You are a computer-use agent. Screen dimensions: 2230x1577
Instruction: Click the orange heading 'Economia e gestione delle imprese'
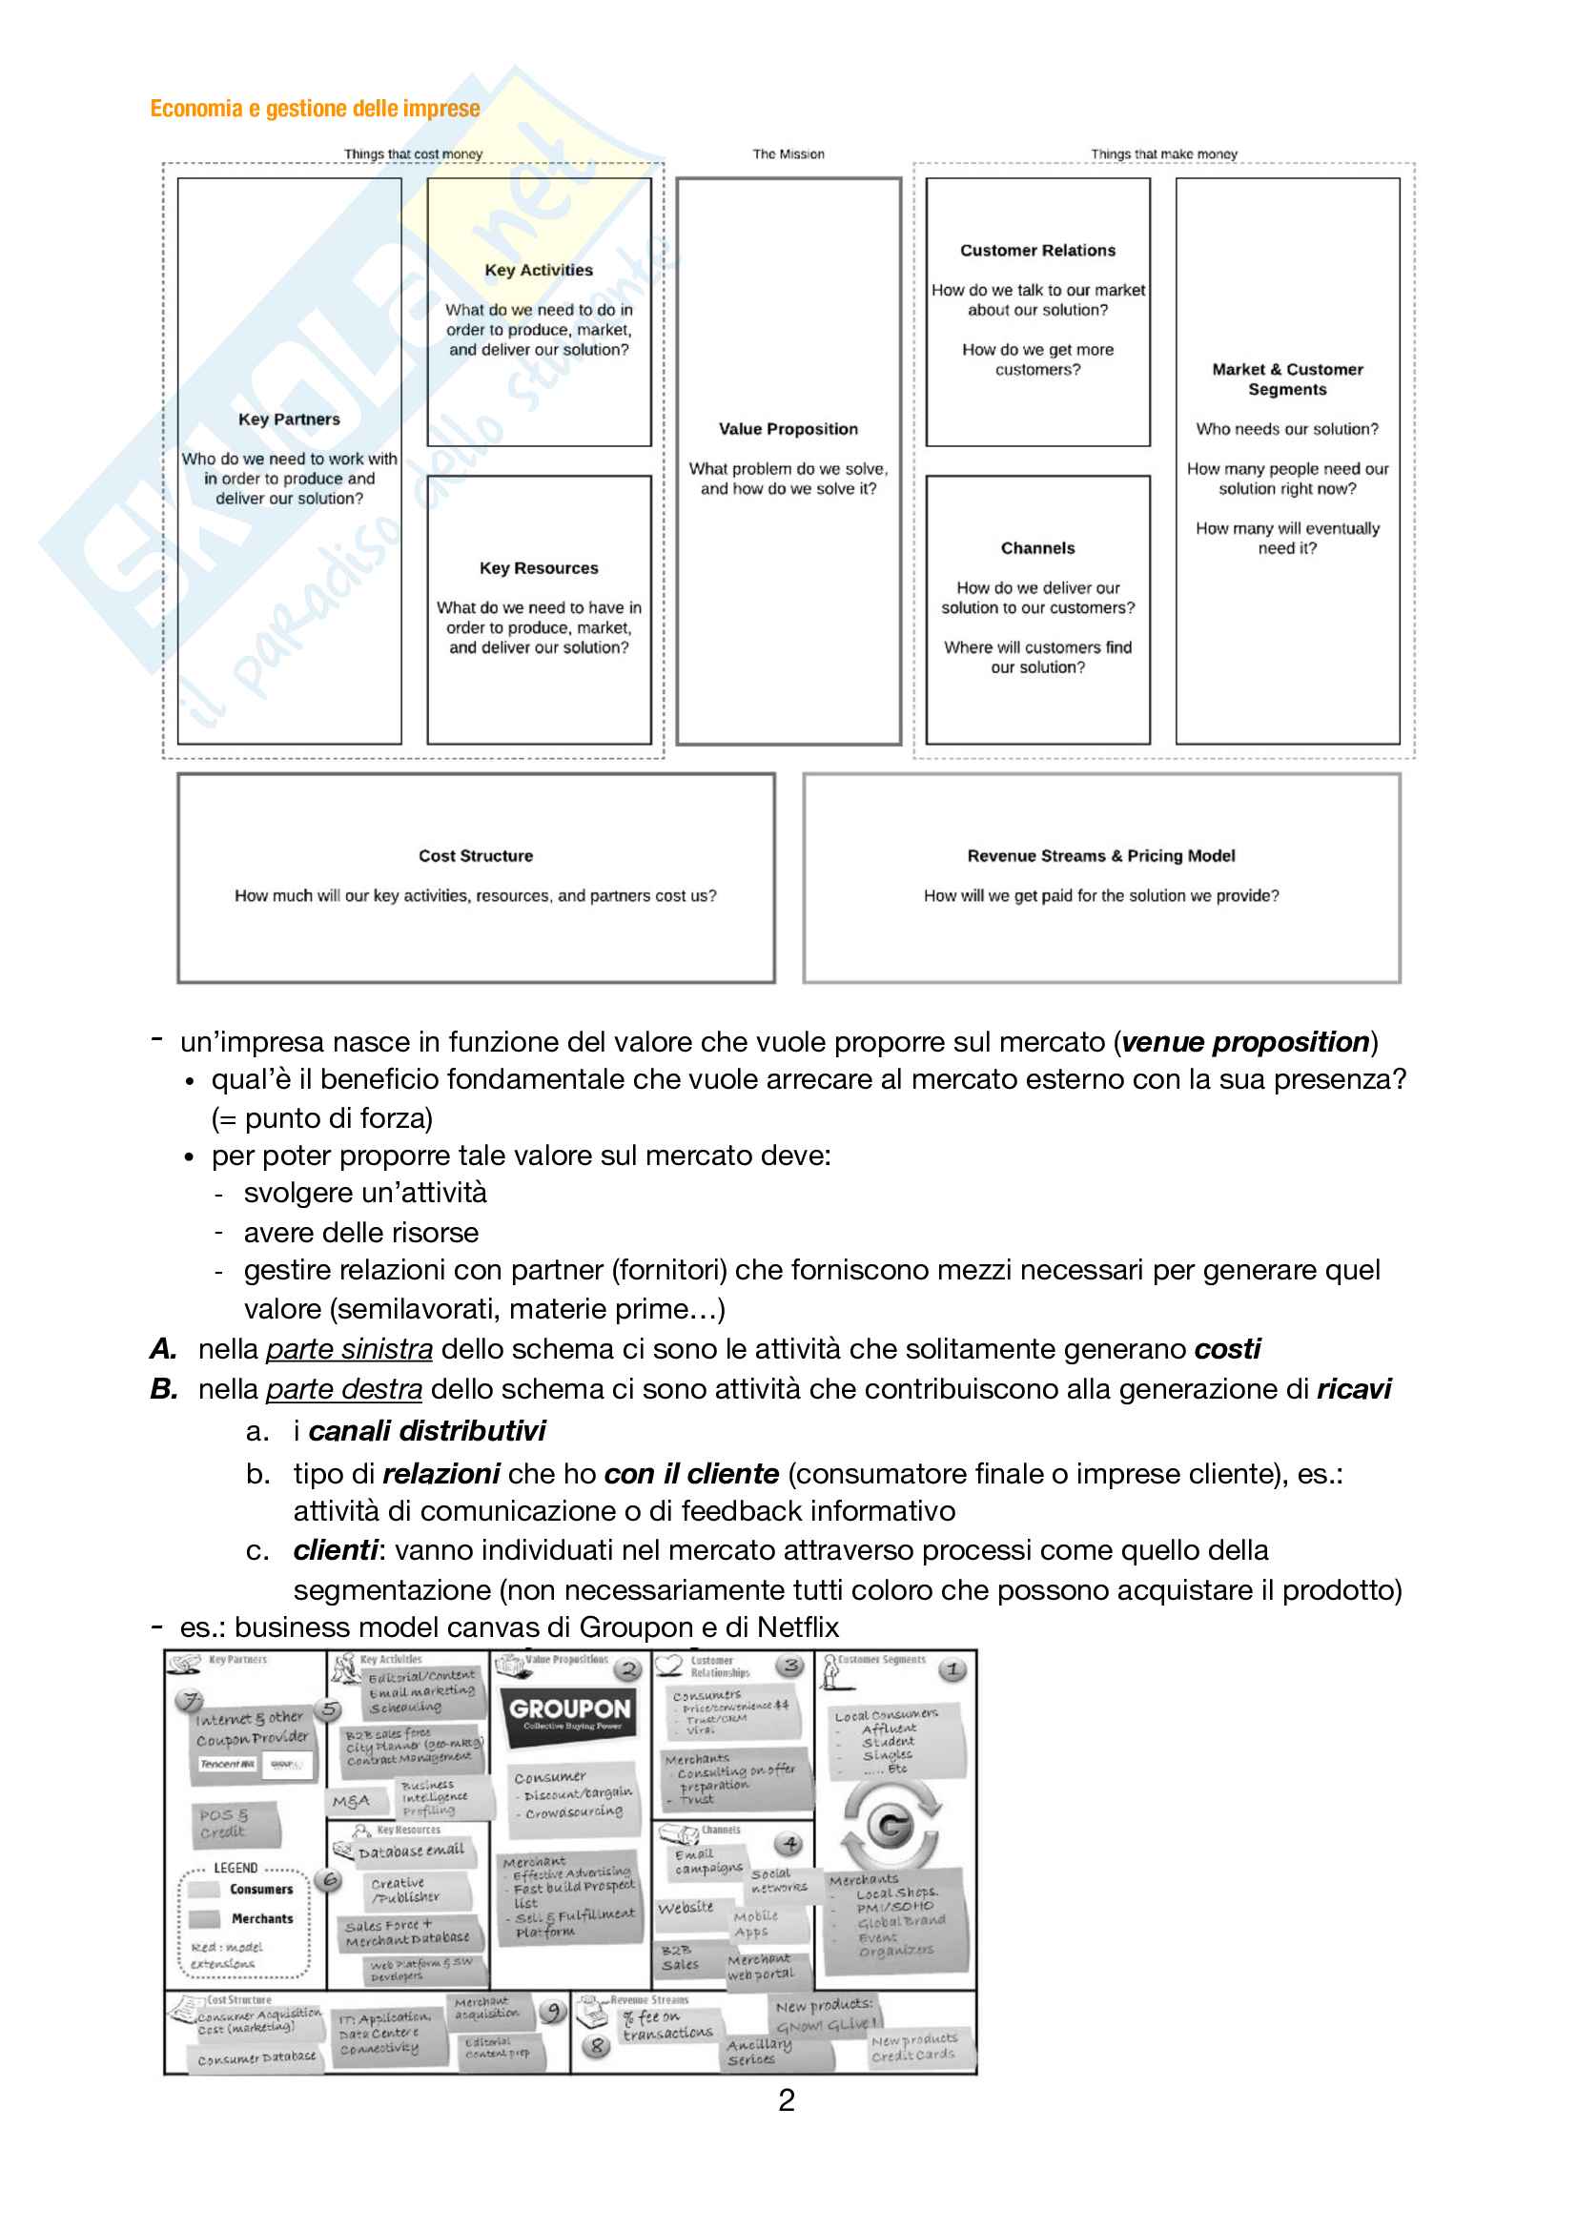click(315, 108)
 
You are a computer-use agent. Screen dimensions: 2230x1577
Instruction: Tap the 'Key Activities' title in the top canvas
click(538, 270)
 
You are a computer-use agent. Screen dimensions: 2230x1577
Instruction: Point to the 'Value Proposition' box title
click(788, 428)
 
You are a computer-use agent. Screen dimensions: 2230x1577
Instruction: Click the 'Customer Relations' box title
click(1037, 250)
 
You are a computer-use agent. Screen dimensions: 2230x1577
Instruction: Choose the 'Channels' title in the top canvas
click(1037, 548)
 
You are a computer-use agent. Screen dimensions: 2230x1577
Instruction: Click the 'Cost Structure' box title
click(475, 855)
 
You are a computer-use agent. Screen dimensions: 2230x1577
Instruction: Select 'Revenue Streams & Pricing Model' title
click(1100, 855)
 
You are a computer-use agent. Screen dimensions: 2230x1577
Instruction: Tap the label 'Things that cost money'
click(413, 153)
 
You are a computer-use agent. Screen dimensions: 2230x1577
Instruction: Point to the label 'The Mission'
click(788, 153)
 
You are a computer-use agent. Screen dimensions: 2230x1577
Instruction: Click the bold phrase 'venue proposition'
click(1245, 1042)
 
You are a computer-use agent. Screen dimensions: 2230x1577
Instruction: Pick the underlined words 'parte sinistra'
click(349, 1349)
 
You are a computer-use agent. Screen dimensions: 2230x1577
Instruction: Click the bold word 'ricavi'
click(1353, 1389)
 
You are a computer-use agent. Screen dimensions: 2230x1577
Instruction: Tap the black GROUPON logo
click(570, 1713)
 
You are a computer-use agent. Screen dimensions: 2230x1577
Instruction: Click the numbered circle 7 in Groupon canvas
click(189, 1701)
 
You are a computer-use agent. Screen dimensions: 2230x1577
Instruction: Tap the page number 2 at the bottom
click(787, 2101)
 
